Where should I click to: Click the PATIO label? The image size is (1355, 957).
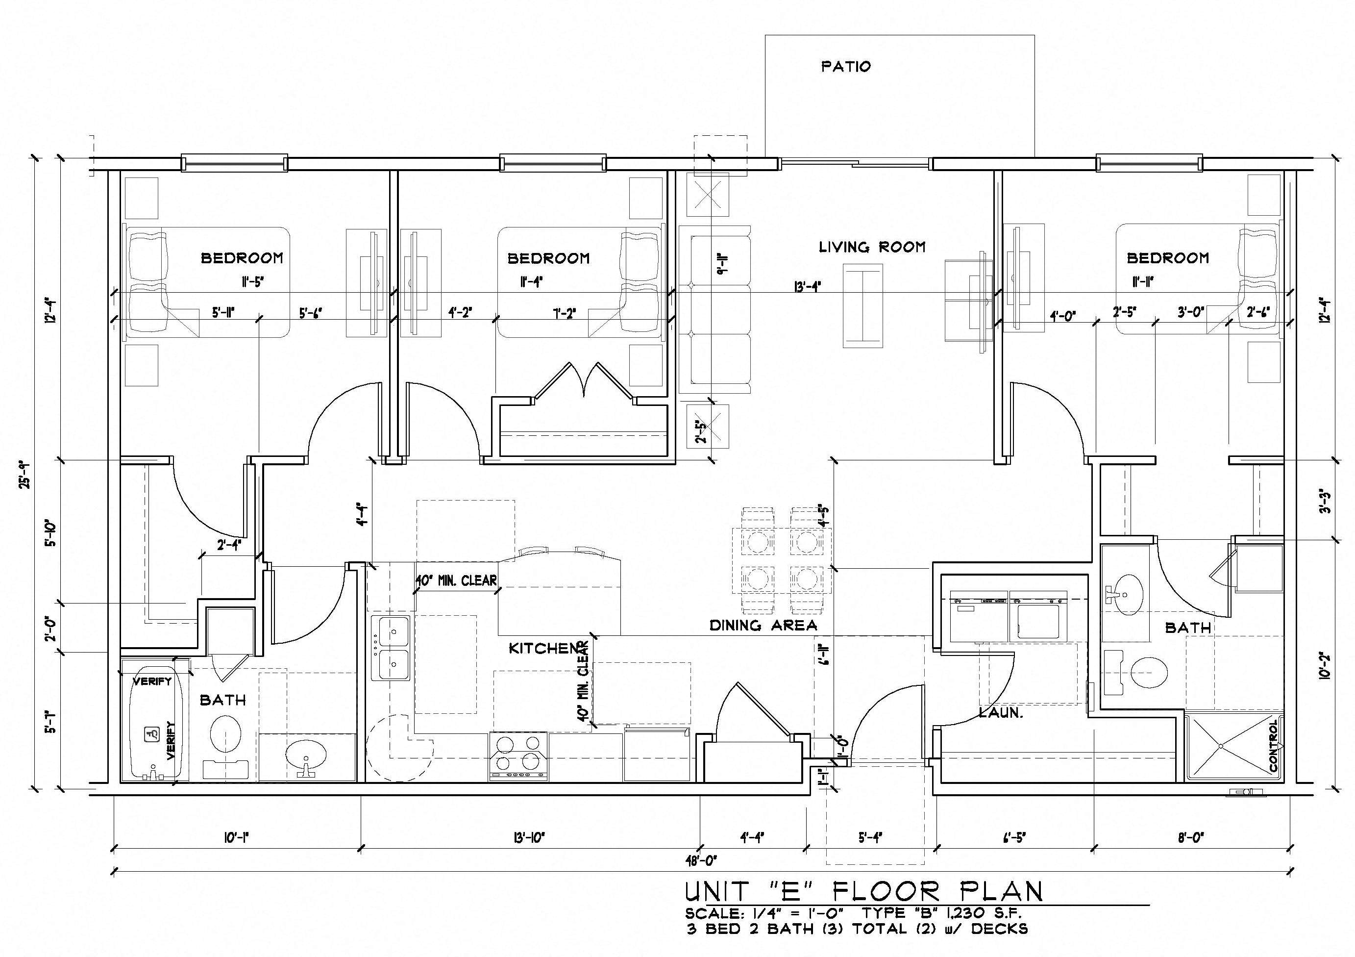(846, 66)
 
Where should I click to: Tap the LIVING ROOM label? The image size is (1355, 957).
(872, 247)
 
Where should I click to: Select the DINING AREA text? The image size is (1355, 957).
(763, 625)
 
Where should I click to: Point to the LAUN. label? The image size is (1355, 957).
(1000, 712)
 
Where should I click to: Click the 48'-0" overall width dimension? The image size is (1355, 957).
(702, 860)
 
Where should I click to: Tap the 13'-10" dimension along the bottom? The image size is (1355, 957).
(529, 837)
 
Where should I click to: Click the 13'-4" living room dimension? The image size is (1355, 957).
(807, 287)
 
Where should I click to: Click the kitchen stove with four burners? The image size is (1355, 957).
(518, 756)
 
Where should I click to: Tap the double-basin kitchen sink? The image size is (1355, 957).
(391, 648)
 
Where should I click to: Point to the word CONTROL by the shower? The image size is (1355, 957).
(1273, 746)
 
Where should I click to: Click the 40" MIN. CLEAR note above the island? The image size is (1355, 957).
(456, 580)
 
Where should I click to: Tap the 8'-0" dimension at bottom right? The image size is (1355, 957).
(1191, 837)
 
